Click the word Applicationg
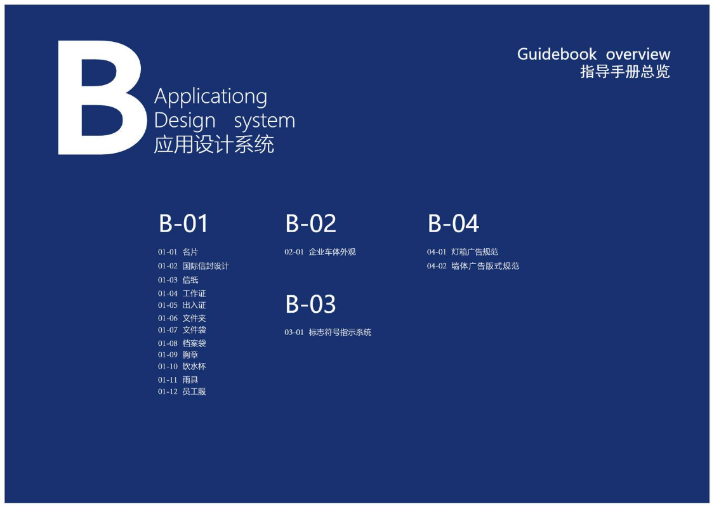(211, 97)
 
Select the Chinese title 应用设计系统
(214, 145)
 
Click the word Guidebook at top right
(557, 54)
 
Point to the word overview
(638, 55)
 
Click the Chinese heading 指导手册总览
(625, 72)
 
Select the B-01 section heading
(183, 224)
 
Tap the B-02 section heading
(310, 224)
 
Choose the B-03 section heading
(310, 305)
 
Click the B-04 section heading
(453, 224)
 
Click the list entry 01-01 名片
(178, 252)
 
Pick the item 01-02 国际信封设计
(194, 267)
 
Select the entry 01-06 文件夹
(182, 318)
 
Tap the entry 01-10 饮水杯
(182, 366)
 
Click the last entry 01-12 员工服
(182, 392)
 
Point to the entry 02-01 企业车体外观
(320, 252)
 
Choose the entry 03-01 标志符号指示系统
(328, 333)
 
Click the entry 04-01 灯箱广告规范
(463, 252)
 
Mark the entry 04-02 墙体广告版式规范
(473, 267)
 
